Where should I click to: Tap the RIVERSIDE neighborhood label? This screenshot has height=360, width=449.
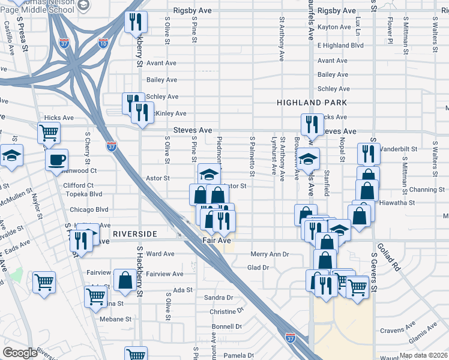click(134, 233)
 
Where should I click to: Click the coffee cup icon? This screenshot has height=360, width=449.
click(57, 160)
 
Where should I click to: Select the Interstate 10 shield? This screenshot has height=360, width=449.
click(103, 43)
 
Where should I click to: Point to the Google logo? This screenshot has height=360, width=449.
click(20, 353)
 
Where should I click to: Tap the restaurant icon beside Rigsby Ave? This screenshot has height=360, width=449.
click(136, 22)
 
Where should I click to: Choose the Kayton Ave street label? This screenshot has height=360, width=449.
click(334, 28)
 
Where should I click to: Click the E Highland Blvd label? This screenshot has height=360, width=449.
click(340, 45)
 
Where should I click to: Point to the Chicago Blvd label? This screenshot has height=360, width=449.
click(89, 210)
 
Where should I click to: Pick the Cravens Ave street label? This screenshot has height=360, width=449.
click(399, 331)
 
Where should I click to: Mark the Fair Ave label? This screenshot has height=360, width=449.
click(216, 241)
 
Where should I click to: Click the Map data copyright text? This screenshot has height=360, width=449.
click(423, 355)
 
